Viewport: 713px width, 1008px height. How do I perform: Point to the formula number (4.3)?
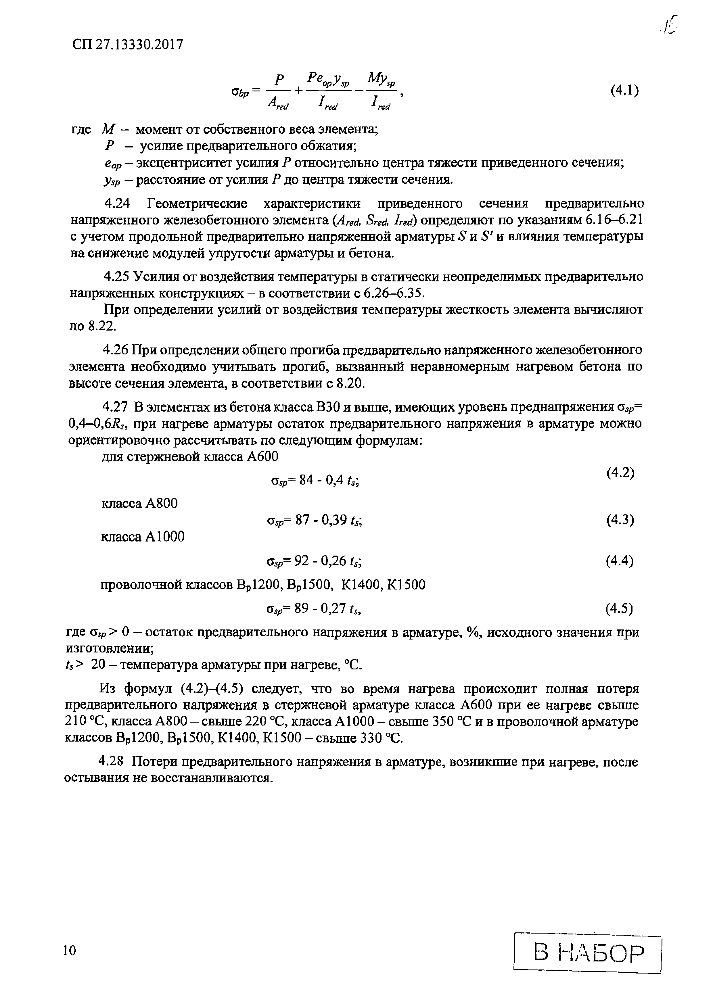coord(620,520)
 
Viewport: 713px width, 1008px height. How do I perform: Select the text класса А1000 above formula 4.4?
coord(143,537)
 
